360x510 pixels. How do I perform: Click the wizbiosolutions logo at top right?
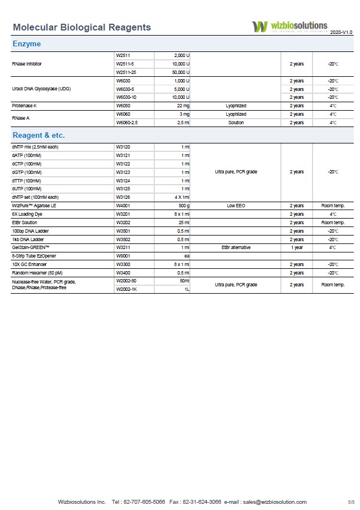point(289,27)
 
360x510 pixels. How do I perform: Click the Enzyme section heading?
point(27,43)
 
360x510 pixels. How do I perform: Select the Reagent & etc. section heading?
point(38,136)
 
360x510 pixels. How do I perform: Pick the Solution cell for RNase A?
point(236,123)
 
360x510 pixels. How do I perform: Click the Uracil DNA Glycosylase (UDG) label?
point(41,89)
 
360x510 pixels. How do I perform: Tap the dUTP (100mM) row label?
point(26,189)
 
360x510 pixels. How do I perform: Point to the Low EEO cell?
point(236,206)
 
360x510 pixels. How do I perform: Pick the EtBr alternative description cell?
point(236,247)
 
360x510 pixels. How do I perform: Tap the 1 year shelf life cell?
point(297,247)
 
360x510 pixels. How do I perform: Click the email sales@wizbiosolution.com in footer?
point(275,502)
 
